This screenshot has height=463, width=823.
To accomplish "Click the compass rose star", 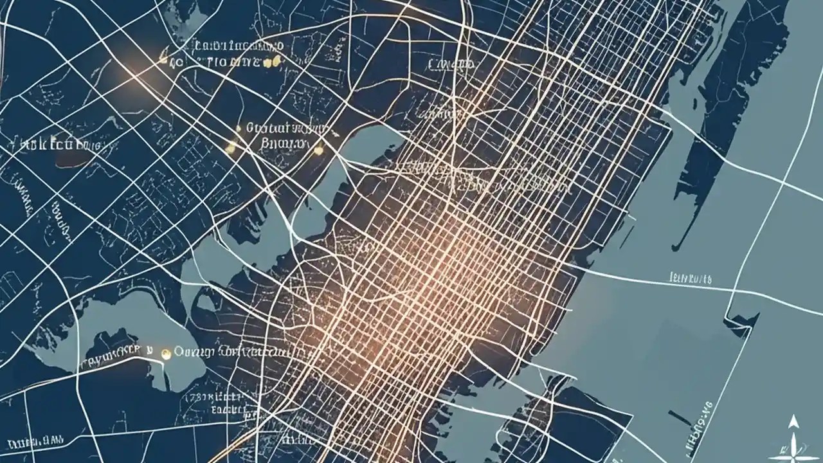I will coord(795,444).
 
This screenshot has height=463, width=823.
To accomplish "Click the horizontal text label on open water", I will coord(691,278).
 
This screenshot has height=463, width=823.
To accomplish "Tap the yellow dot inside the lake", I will coord(166,352).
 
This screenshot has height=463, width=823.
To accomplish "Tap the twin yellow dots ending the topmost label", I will coord(274,62).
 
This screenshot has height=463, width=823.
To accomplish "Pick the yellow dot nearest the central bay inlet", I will coord(318,150).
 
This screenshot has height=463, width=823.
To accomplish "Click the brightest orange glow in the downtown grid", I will coord(444,257).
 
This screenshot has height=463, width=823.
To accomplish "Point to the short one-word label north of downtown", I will coord(450,64).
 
